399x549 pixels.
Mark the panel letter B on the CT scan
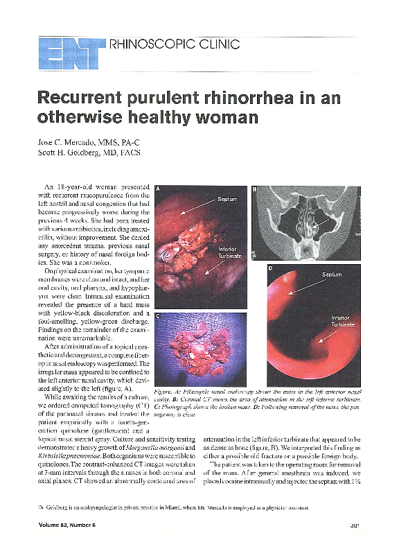point(254,189)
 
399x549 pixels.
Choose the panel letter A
point(159,189)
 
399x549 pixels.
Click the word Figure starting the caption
point(165,391)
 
